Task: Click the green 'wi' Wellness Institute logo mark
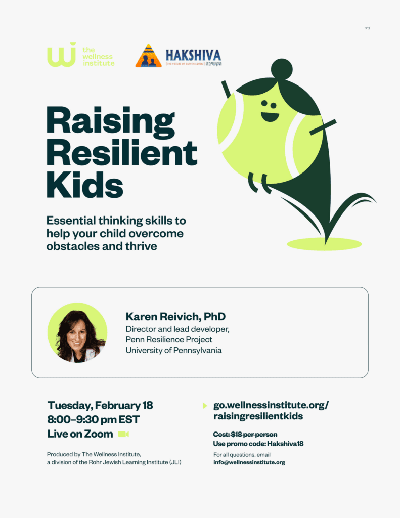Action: coord(61,55)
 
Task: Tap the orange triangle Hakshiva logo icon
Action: coord(148,56)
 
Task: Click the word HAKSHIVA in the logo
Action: coord(193,55)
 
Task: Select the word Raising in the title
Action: coord(111,122)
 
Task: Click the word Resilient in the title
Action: coord(122,153)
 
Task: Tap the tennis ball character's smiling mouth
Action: coord(270,117)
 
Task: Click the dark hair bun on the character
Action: coord(282,69)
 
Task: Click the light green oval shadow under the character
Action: coord(324,244)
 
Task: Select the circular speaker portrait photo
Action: coord(77,333)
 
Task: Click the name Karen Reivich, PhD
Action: coord(175,317)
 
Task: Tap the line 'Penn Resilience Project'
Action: coord(169,339)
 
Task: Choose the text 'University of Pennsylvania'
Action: coord(174,350)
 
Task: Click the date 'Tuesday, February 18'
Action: coord(100,405)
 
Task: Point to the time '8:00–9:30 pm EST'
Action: coord(94,419)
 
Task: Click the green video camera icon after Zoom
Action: coord(123,434)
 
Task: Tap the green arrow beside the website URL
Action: coord(205,405)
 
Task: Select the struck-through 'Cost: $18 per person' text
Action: coord(245,434)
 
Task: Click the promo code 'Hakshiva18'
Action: coord(285,444)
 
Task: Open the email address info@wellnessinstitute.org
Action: coord(249,462)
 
